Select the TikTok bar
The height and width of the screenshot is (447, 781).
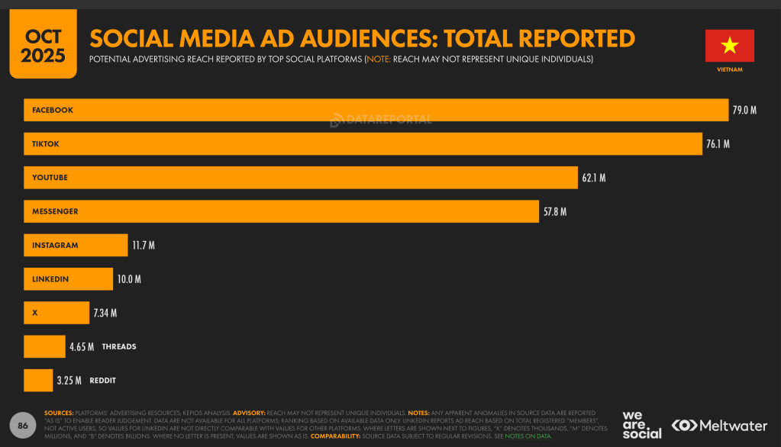tap(363, 143)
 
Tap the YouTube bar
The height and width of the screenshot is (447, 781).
tap(300, 178)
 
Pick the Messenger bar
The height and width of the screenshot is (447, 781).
tap(281, 211)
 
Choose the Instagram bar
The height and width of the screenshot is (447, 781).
tap(76, 245)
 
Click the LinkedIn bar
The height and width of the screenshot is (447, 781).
tap(68, 279)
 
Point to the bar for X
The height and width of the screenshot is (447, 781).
tap(56, 313)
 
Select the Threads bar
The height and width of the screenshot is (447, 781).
tap(44, 346)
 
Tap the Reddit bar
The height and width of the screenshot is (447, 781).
tap(38, 380)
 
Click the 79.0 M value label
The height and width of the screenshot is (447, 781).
tap(744, 111)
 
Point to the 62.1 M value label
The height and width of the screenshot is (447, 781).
tap(593, 178)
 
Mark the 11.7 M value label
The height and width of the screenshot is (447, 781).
tap(143, 246)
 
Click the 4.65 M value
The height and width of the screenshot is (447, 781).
tap(82, 347)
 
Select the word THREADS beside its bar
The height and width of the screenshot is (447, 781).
tap(119, 347)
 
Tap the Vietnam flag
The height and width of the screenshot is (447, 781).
tap(729, 46)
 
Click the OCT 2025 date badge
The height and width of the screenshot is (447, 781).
tap(43, 44)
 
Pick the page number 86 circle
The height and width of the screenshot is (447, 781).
tap(23, 426)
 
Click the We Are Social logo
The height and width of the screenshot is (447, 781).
tap(641, 425)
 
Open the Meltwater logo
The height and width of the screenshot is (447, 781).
tap(720, 425)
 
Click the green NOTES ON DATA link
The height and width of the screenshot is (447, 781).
tap(528, 436)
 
